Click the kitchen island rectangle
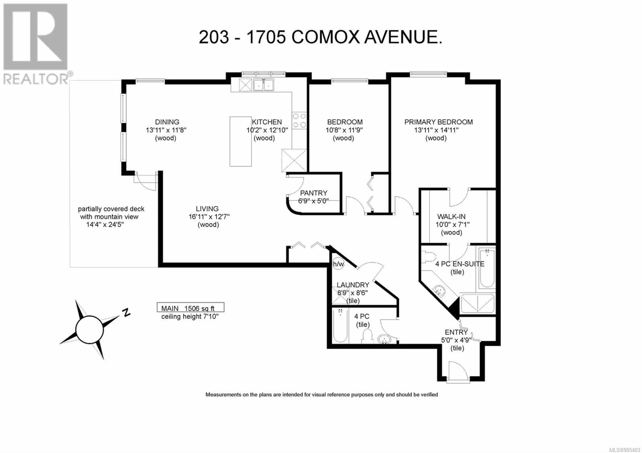[240, 142]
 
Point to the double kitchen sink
[264, 85]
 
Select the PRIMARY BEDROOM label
[438, 122]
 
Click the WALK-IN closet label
[451, 216]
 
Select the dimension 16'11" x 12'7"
[209, 217]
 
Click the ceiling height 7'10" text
[190, 316]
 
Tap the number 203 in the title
[214, 37]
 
